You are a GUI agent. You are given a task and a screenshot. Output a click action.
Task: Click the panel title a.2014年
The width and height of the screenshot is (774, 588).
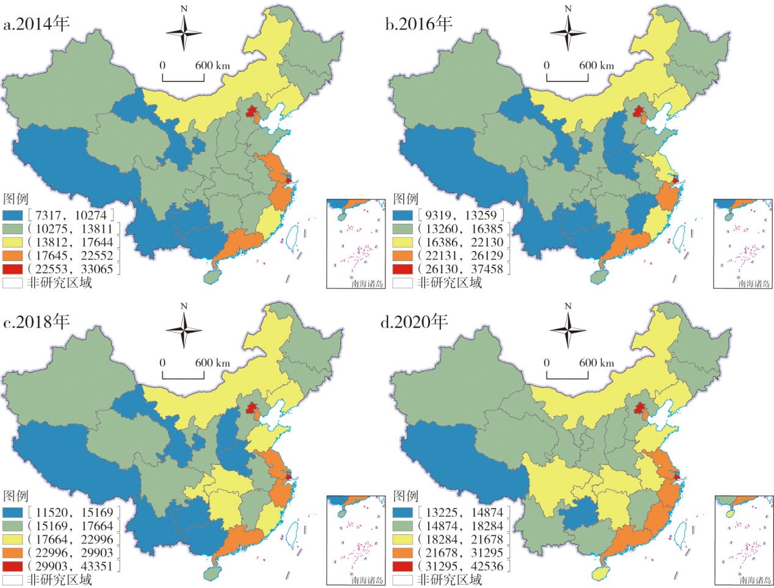(x=37, y=24)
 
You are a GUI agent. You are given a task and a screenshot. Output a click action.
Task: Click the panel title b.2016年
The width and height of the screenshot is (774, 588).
(x=418, y=24)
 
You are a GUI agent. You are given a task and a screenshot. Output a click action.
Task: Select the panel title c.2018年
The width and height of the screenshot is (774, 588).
(x=37, y=321)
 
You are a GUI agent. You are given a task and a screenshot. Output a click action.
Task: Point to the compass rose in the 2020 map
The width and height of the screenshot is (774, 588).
(x=568, y=330)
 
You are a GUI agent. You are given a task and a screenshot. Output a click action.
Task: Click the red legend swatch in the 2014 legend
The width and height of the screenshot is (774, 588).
(x=13, y=269)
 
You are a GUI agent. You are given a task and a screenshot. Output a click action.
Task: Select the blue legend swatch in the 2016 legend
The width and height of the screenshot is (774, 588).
(x=403, y=215)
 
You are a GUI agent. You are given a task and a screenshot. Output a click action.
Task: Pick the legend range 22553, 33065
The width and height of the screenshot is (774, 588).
(x=74, y=269)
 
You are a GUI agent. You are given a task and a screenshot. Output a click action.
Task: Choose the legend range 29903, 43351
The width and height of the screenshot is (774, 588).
(x=74, y=566)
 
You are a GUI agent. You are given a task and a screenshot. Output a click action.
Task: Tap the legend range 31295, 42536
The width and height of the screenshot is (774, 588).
(x=464, y=566)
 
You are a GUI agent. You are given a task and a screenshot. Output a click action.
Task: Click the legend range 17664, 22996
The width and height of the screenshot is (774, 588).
(x=74, y=539)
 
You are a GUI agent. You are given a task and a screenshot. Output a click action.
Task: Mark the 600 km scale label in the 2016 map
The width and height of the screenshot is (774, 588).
(x=596, y=65)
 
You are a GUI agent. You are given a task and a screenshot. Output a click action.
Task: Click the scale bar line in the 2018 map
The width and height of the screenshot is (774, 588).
(x=183, y=377)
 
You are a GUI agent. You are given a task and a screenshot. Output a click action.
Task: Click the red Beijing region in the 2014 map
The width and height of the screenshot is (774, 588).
(x=251, y=112)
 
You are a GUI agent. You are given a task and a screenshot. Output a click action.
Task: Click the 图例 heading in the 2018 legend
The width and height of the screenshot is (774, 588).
(x=16, y=495)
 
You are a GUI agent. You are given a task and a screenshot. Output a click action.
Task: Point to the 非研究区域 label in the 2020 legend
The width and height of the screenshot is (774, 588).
(x=450, y=579)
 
